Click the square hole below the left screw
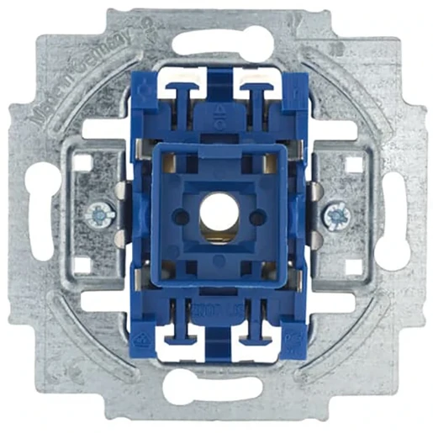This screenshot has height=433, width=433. click(81, 267)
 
